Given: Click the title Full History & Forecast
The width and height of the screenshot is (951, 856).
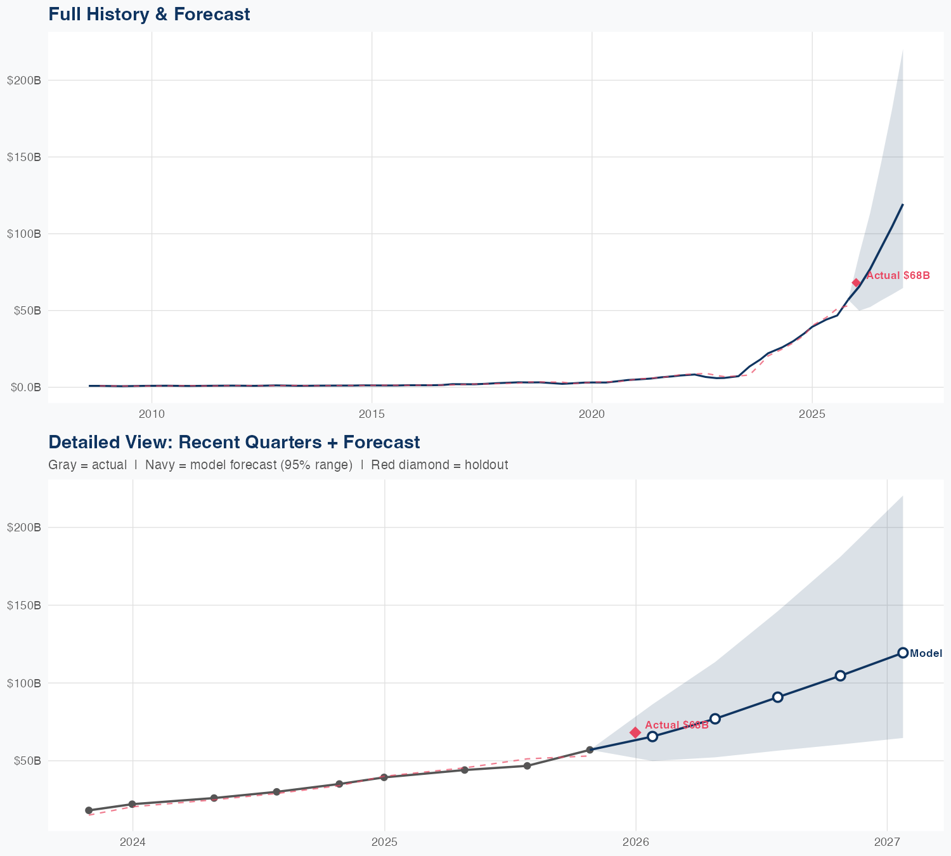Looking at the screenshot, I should click(x=149, y=14).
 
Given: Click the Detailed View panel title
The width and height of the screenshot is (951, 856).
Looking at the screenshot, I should click(x=234, y=442).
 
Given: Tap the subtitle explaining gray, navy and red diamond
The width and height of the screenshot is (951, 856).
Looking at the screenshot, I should click(x=278, y=465).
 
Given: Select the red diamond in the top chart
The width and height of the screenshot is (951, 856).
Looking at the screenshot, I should click(x=856, y=283).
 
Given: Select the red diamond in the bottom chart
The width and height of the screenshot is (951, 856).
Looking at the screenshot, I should click(x=635, y=732).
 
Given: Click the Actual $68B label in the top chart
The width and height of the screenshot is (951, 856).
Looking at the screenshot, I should click(x=898, y=276).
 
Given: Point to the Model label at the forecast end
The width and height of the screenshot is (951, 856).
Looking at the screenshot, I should click(x=926, y=654).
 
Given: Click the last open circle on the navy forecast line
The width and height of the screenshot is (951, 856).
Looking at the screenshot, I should click(x=903, y=653).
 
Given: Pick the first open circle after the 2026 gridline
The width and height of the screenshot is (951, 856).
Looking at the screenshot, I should click(x=652, y=736).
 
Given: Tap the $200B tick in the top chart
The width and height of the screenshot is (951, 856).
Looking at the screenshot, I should click(x=24, y=81).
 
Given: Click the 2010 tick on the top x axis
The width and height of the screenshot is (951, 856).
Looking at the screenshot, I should click(x=152, y=414).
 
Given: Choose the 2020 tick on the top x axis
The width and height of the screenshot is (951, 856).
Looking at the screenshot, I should click(x=592, y=414).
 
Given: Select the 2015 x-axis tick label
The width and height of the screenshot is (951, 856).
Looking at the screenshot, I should click(x=372, y=414).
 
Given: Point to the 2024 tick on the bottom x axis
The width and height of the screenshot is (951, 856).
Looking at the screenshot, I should click(x=133, y=842).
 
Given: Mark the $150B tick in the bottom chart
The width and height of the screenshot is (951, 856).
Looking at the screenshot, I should click(x=24, y=606).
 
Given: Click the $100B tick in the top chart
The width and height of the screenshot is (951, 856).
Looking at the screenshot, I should click(x=24, y=234).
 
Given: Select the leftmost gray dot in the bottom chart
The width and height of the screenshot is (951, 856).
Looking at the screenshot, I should click(x=89, y=810).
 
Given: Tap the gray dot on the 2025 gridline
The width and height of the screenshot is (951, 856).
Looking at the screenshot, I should click(x=384, y=777).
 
